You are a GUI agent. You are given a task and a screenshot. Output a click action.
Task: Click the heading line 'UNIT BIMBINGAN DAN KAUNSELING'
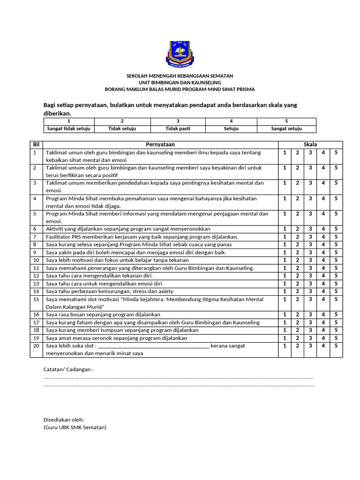pos(180,82)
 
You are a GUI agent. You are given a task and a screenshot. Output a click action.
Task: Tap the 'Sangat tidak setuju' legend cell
pos(69,129)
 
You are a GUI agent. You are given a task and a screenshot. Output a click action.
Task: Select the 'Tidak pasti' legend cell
pos(178,129)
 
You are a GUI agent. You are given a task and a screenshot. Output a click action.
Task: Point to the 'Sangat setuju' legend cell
pos(286,129)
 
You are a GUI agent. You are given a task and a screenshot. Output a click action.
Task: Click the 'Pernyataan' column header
pos(160,145)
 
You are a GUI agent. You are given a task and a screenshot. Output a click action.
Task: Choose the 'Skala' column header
pos(310,145)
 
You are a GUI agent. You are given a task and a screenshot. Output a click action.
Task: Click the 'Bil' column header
pos(36,145)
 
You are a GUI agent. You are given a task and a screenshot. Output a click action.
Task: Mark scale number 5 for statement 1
pos(336,153)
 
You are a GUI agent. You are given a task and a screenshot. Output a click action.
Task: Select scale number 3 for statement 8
pos(310,245)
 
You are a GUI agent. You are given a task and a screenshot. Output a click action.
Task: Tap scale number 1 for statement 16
pos(285,315)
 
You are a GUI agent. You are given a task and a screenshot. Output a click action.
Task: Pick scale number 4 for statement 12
pos(323,276)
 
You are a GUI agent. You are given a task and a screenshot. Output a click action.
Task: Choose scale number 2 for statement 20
pos(297,345)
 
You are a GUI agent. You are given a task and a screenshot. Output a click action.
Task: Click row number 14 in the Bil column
pos(36,291)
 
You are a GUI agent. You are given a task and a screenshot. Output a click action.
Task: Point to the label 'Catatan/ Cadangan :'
pos(68,369)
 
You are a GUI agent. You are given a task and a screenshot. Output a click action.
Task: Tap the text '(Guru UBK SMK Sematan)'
pos(75,427)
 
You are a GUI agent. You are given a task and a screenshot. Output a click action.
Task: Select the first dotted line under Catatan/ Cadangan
pos(178,377)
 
